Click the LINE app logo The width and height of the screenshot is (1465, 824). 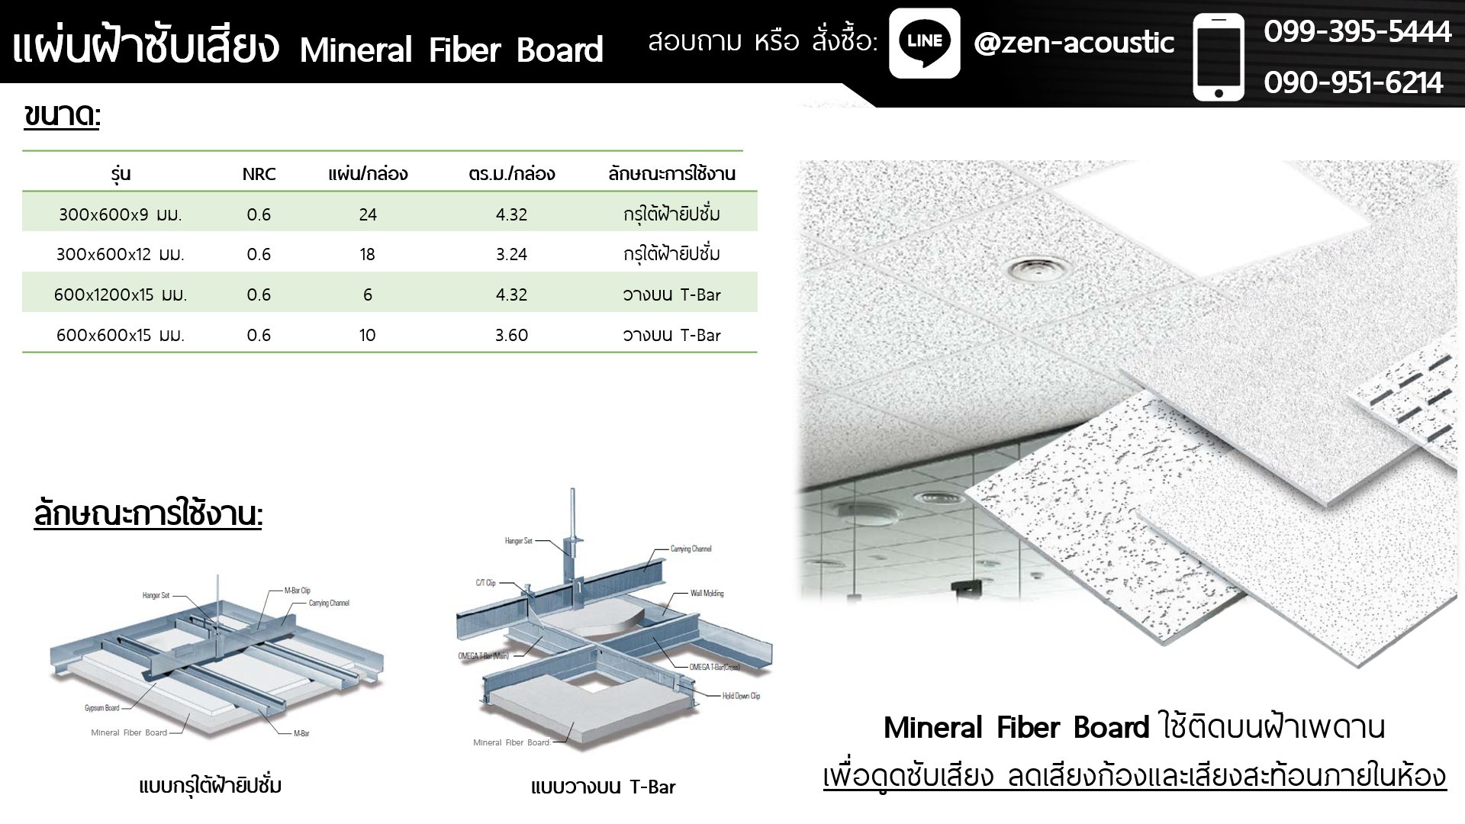[x=924, y=43]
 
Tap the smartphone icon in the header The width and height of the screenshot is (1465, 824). [x=1219, y=57]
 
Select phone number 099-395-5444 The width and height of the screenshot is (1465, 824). [x=1357, y=32]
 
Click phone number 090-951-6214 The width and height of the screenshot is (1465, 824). [x=1353, y=82]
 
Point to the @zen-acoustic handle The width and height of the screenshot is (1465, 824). [x=1074, y=43]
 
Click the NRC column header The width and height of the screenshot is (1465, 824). [x=259, y=174]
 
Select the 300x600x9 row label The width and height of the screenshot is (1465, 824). [x=121, y=214]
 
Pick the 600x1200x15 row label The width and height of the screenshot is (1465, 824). [x=121, y=295]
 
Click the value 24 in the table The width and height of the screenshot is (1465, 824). [x=368, y=214]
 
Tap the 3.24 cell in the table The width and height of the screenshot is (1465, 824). [x=511, y=254]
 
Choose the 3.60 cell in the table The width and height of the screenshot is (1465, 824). [x=511, y=335]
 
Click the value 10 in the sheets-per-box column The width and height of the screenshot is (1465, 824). [x=368, y=335]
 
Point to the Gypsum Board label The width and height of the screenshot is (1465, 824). [x=101, y=708]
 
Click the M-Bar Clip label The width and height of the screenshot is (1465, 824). [x=297, y=591]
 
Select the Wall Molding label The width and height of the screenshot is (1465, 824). [x=707, y=593]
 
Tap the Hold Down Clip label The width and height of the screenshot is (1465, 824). [x=741, y=696]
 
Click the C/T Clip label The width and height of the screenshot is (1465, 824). [x=485, y=583]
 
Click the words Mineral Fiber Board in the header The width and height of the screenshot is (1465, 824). [x=451, y=50]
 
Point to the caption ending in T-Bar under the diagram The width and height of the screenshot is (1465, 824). [x=603, y=787]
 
